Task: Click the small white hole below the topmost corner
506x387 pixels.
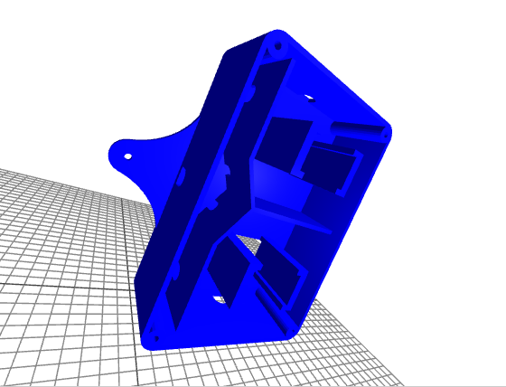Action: pos(310,95)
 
